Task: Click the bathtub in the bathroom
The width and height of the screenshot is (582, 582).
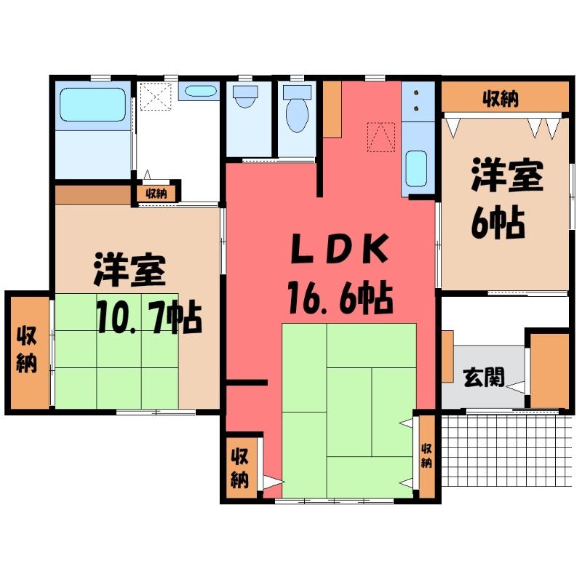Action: [x=93, y=105]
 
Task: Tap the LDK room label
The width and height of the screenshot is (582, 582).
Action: [x=339, y=249]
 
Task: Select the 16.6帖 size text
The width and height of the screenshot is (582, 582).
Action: [x=340, y=298]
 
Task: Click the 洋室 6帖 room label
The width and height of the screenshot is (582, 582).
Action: [x=506, y=199]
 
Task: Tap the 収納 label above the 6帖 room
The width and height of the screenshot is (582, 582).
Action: [x=501, y=99]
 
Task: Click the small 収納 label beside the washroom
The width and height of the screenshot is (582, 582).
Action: [x=156, y=194]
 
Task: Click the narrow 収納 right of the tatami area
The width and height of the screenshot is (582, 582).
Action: [x=426, y=456]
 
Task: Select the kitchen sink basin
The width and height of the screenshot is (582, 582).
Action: [x=416, y=169]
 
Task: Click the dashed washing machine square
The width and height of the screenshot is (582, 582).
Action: [x=156, y=97]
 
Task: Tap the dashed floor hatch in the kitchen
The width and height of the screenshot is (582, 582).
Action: [x=380, y=137]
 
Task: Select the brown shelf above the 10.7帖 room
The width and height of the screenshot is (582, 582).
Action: [x=93, y=195]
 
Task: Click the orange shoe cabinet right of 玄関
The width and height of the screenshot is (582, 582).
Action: [x=549, y=370]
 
